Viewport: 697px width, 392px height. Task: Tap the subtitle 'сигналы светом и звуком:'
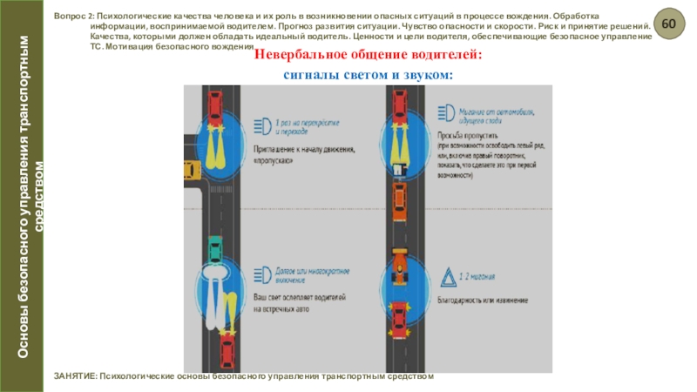369,75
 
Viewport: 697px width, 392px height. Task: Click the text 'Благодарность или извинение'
486,301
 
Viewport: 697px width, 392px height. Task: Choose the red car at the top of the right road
399,107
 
